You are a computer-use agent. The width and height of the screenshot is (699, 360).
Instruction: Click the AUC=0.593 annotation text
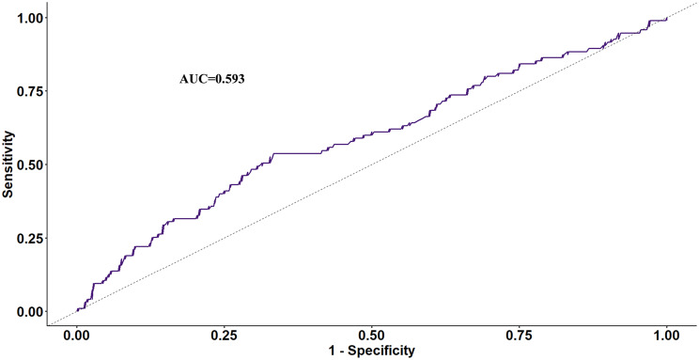(211, 79)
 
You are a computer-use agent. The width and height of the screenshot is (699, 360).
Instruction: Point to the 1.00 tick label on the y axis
(30, 18)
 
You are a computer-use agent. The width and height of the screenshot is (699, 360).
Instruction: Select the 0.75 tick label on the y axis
(30, 91)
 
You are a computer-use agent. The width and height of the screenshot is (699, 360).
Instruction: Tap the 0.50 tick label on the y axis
(30, 164)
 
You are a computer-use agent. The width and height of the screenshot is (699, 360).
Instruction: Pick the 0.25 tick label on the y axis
(30, 238)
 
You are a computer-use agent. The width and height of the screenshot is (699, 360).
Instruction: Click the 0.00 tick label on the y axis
(30, 312)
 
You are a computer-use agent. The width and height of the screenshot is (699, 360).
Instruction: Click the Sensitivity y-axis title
(8, 164)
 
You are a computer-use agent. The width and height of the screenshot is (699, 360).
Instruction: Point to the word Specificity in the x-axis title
(381, 351)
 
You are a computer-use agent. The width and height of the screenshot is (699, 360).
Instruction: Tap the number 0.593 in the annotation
(229, 79)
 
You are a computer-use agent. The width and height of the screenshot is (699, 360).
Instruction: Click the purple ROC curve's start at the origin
(77, 311)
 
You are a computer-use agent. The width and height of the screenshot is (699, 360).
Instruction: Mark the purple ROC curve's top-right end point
(667, 18)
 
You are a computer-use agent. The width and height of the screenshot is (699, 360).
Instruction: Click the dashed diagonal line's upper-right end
(695, 3)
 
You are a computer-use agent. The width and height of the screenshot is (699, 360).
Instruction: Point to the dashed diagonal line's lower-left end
(48, 325)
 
